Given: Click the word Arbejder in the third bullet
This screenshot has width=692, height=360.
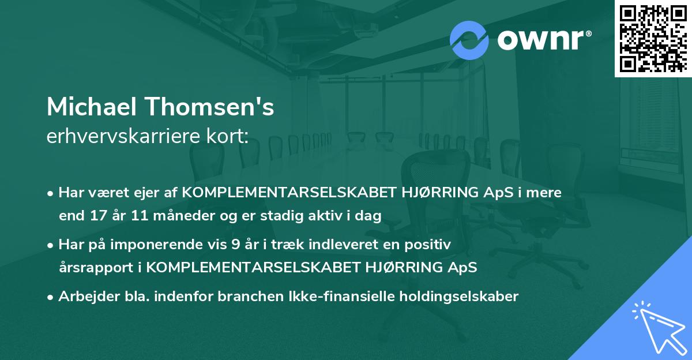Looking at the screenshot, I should tap(85, 297).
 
